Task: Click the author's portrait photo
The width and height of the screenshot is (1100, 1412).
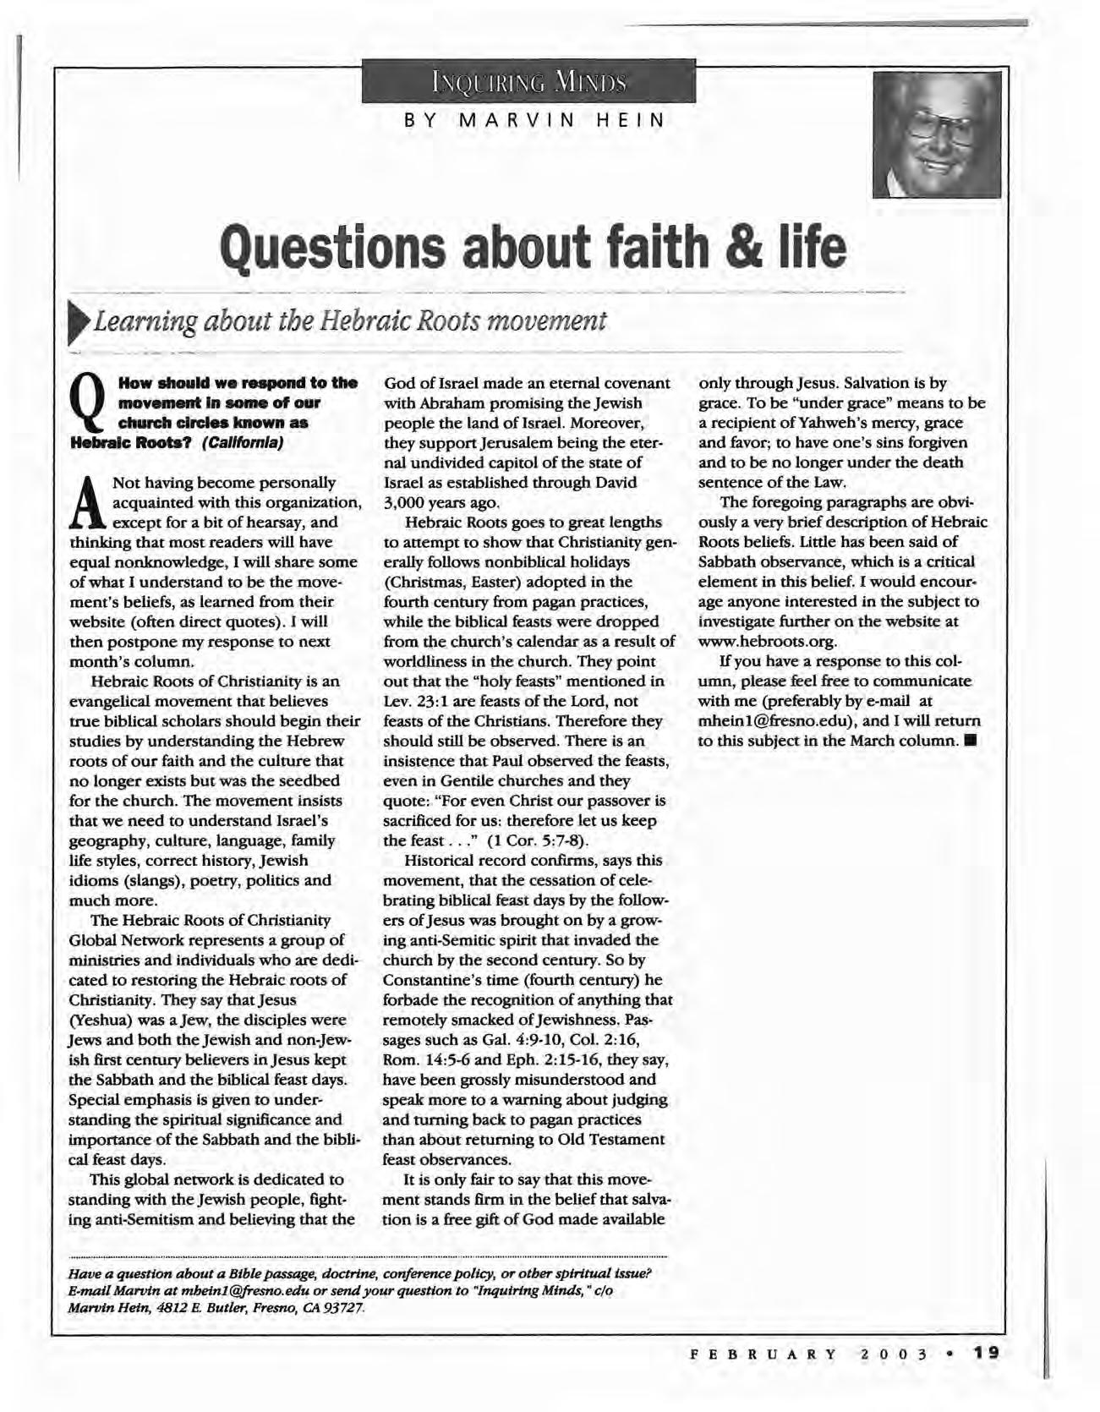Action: point(936,135)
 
